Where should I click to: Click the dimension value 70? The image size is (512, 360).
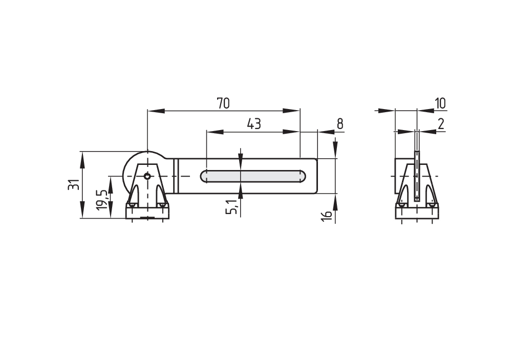(223, 103)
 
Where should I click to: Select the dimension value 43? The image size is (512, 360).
(254, 124)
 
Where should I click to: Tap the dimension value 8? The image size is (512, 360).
(340, 124)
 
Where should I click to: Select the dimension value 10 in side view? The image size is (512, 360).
(440, 103)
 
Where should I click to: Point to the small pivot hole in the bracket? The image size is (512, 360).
(147, 176)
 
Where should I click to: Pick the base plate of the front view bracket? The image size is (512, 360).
(147, 212)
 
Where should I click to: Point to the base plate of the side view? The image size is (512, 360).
(417, 212)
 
